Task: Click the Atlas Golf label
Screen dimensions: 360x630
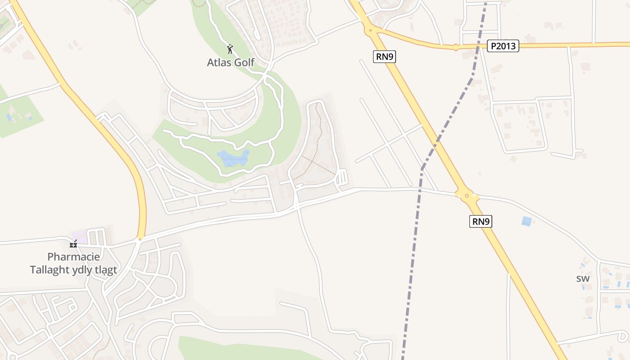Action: pyautogui.click(x=230, y=63)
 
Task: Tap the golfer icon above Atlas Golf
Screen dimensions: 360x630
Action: pyautogui.click(x=230, y=49)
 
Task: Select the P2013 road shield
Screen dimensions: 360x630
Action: pyautogui.click(x=503, y=45)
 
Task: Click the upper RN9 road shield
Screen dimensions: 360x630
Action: pyautogui.click(x=384, y=57)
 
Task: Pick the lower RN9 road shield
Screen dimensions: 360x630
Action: pyautogui.click(x=481, y=221)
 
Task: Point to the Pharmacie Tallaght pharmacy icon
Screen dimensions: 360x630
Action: pyautogui.click(x=73, y=244)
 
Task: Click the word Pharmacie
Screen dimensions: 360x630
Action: pyautogui.click(x=73, y=257)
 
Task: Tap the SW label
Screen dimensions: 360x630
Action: pyautogui.click(x=583, y=279)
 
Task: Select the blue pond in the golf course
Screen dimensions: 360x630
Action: pyautogui.click(x=233, y=159)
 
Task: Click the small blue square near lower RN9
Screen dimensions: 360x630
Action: pyautogui.click(x=526, y=221)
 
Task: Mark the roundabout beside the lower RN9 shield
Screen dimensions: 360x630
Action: pyautogui.click(x=467, y=195)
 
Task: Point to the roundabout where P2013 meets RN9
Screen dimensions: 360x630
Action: pyautogui.click(x=370, y=31)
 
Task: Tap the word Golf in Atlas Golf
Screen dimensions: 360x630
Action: pyautogui.click(x=243, y=63)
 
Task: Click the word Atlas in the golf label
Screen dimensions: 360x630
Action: pyautogui.click(x=217, y=63)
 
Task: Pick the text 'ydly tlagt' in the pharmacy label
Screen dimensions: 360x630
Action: pyautogui.click(x=97, y=270)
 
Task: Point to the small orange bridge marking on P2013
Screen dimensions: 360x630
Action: pyautogui.click(x=456, y=46)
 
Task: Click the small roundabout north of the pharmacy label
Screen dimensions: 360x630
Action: pyautogui.click(x=140, y=239)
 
